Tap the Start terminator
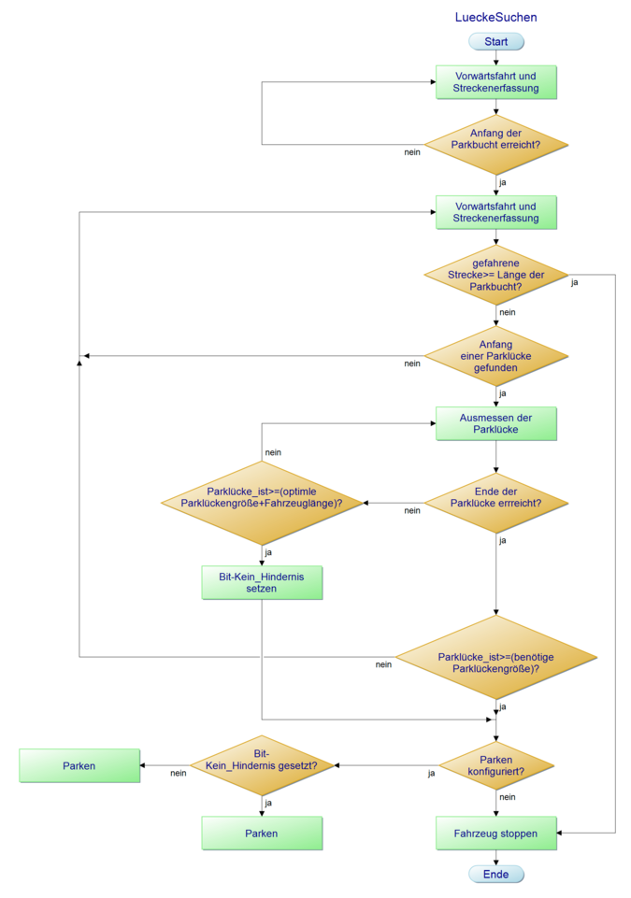(x=496, y=42)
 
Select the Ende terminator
(x=496, y=875)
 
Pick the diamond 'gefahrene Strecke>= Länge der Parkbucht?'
(x=496, y=276)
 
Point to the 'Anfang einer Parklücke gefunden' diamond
(x=496, y=356)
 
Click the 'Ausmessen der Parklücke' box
(x=496, y=423)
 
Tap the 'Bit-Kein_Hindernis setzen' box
(x=262, y=583)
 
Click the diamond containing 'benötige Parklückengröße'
(x=496, y=663)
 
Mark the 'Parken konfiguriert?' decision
(x=496, y=766)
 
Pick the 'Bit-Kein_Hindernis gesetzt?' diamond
(x=262, y=766)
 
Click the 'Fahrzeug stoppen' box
(x=496, y=833)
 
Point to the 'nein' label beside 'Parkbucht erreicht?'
(x=411, y=152)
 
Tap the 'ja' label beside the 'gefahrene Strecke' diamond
(x=574, y=282)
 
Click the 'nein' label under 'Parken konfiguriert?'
(x=508, y=797)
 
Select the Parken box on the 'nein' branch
(x=79, y=766)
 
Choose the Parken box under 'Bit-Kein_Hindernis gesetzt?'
(x=262, y=833)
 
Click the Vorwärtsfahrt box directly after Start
(x=496, y=82)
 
